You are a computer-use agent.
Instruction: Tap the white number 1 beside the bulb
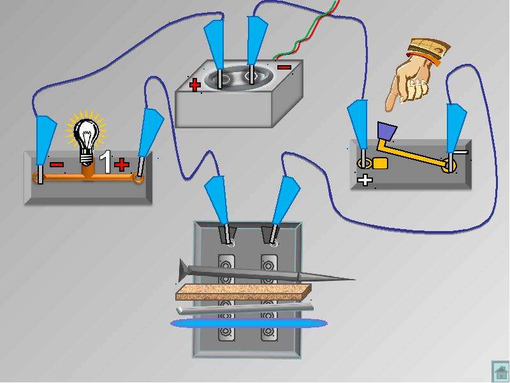coord(105,161)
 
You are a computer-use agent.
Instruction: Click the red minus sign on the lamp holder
coord(56,165)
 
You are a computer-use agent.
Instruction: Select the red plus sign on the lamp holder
coord(122,165)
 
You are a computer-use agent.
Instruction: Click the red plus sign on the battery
coord(195,85)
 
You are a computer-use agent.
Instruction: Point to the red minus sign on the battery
coord(284,68)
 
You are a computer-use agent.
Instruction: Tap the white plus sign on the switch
coord(365,180)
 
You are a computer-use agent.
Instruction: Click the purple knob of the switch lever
coord(387,131)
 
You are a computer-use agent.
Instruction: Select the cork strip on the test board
coord(244,292)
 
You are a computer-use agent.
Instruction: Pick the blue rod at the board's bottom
coord(249,323)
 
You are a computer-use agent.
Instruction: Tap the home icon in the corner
coord(500,371)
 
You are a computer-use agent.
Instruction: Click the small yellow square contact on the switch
coord(380,163)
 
